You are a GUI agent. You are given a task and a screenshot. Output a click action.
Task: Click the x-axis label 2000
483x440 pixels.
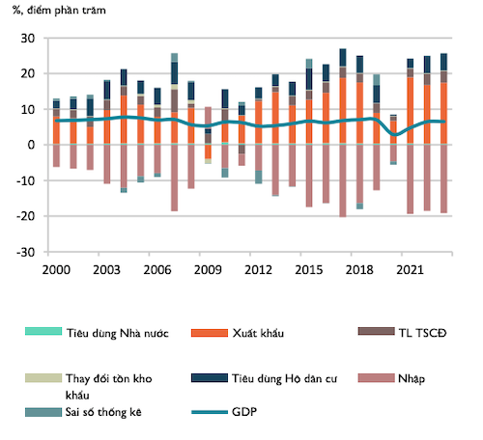[57, 268]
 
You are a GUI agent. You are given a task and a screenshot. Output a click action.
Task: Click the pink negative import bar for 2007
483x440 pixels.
[174, 178]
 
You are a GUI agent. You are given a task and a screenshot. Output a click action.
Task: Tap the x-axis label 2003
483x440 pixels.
[107, 268]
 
